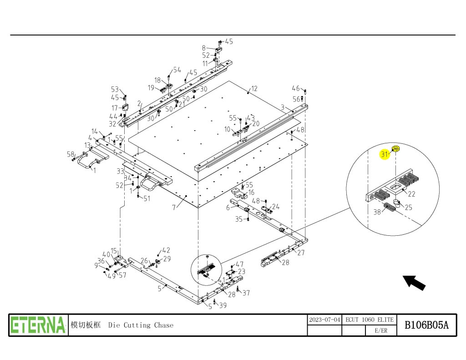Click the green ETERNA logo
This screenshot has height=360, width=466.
click(38, 325)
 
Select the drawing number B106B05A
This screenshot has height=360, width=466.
click(427, 325)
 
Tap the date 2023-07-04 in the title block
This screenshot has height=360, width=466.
click(324, 319)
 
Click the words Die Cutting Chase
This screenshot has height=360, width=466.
click(141, 325)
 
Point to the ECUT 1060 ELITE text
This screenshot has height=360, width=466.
click(369, 319)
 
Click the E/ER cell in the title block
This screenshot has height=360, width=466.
click(381, 331)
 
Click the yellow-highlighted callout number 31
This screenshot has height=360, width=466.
click(385, 154)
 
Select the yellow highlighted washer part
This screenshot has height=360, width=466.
click(396, 148)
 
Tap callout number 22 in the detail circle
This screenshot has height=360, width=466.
click(411, 194)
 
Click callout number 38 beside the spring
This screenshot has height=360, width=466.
click(377, 212)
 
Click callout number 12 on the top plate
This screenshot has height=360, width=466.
click(254, 88)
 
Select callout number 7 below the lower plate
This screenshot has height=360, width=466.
click(173, 208)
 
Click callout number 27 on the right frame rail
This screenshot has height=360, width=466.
click(301, 253)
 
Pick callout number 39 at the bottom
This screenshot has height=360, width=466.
click(223, 305)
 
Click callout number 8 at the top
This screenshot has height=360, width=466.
click(204, 47)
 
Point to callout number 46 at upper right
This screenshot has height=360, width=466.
click(296, 88)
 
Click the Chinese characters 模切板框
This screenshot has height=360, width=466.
click(86, 325)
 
